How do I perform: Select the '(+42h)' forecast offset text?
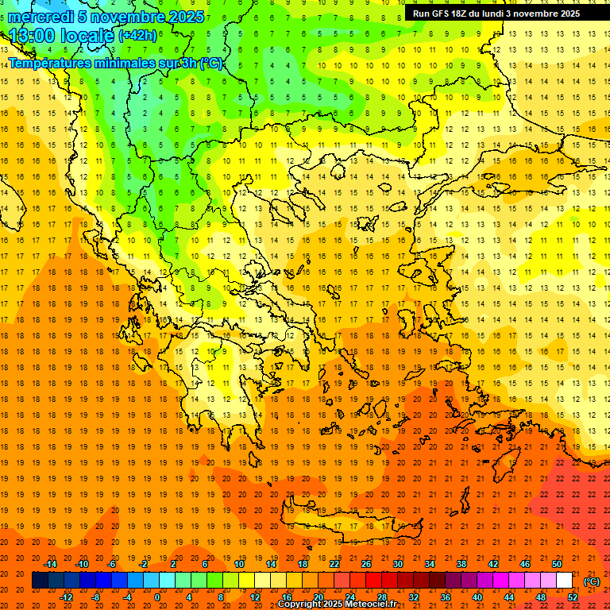(137, 36)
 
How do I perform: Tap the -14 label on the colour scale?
(51, 564)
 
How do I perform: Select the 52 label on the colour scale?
(573, 597)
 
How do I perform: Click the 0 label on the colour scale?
(157, 597)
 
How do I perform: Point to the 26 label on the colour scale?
(366, 564)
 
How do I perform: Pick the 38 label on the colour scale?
(461, 564)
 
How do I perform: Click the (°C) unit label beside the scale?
(592, 581)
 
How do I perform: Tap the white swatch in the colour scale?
(565, 581)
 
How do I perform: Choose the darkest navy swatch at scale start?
(40, 581)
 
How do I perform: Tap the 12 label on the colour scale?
(255, 597)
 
